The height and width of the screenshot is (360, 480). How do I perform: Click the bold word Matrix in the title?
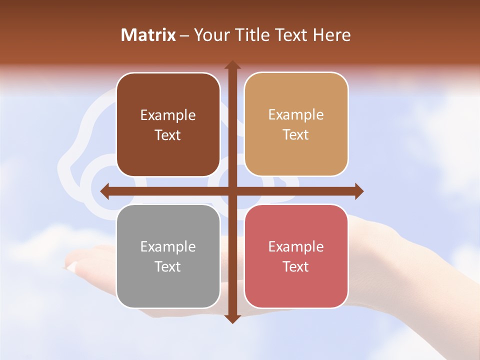click(x=148, y=35)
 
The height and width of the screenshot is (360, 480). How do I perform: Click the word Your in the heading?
click(x=210, y=35)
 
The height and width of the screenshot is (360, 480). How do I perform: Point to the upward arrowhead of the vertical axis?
click(x=232, y=65)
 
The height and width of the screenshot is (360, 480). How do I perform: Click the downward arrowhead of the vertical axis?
click(x=232, y=318)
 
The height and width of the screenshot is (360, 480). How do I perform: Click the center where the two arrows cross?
click(x=232, y=191)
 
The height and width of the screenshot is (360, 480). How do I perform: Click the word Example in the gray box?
click(x=168, y=246)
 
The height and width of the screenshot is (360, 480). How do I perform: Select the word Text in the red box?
click(x=296, y=266)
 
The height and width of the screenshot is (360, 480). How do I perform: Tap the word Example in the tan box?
click(x=296, y=114)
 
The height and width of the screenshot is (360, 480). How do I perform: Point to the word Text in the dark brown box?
click(x=168, y=135)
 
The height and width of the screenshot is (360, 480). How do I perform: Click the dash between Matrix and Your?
click(x=184, y=35)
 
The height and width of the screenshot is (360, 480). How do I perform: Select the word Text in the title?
click(x=290, y=35)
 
